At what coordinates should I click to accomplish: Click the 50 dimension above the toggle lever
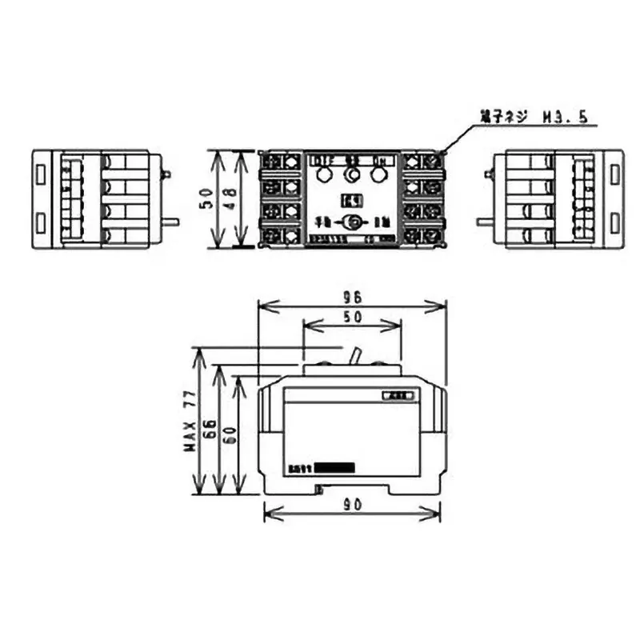(x=353, y=316)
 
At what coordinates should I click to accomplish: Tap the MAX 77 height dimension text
(x=190, y=422)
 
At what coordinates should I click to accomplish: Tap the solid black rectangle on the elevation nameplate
(x=335, y=468)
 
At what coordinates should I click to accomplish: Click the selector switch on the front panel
(x=352, y=223)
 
